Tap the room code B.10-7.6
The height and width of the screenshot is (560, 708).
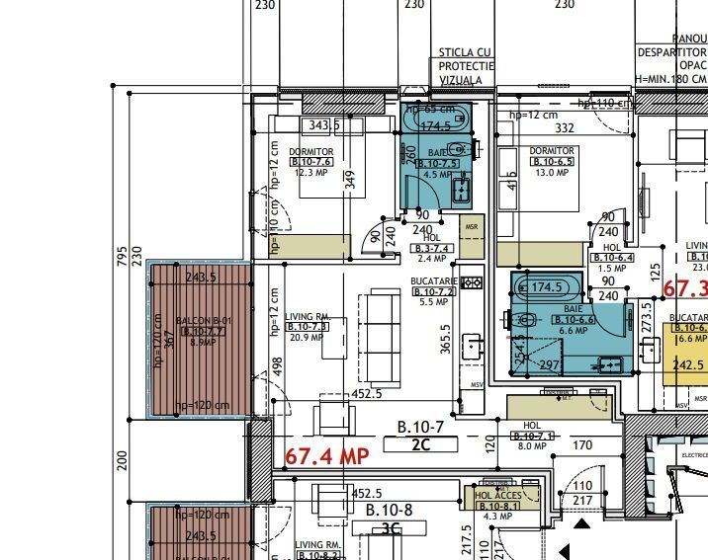[x=310, y=161]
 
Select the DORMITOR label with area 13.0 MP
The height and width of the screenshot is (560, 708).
[x=552, y=150]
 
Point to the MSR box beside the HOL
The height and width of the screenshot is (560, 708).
[x=472, y=224]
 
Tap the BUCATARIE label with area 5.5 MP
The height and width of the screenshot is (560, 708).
[x=431, y=281]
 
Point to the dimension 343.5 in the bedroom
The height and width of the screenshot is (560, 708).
[x=324, y=124]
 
